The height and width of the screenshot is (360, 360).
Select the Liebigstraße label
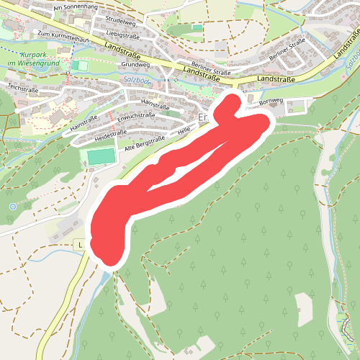click(122, 34)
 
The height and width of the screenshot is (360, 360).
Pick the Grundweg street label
click(127, 64)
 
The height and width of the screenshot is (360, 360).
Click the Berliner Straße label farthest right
click(288, 53)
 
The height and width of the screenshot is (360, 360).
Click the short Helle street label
click(183, 132)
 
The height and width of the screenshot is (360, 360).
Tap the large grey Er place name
click(202, 116)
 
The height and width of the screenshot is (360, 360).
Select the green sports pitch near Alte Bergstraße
click(102, 156)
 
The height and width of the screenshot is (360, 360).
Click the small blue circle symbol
click(12, 207)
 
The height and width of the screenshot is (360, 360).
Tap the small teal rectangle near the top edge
click(197, 27)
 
